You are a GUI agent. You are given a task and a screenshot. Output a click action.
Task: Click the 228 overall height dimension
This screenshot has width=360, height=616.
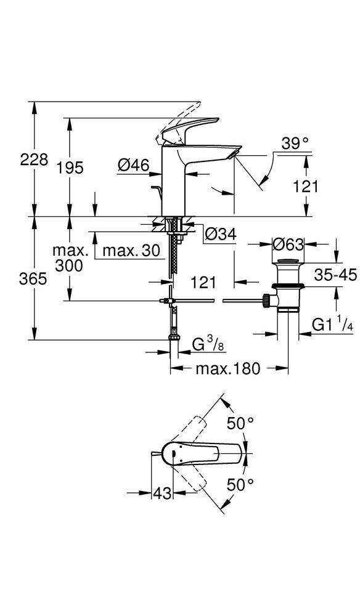tap(34, 160)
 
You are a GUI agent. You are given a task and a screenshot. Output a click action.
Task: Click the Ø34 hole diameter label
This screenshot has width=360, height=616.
tap(220, 234)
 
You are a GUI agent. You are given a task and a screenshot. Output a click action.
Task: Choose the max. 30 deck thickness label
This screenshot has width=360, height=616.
tap(131, 251)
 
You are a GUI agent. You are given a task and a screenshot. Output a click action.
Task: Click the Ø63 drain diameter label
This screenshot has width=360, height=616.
tap(288, 245)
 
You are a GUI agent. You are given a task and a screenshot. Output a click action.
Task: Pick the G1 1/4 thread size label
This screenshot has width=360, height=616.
tap(331, 325)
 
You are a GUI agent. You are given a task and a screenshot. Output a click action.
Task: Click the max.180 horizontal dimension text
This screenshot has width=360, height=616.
tap(228, 368)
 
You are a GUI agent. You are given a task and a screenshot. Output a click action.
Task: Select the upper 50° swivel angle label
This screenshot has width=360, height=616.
tap(240, 423)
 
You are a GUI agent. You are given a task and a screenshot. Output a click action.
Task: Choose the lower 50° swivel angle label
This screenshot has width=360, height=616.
tap(240, 485)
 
